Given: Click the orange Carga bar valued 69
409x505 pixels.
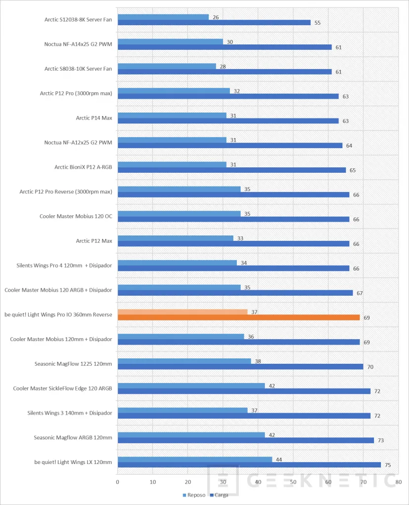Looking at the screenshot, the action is point(238,317).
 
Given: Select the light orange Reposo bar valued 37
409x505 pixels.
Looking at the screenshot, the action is point(183,312).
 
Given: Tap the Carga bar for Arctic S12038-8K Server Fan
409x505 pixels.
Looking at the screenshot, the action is point(214,23).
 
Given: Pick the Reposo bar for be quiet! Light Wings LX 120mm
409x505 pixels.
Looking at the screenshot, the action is point(195,459).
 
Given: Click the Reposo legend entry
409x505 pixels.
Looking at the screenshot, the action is point(194,495).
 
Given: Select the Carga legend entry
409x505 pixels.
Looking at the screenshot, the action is point(219,495).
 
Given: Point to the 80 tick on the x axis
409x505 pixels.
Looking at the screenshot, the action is point(398,482).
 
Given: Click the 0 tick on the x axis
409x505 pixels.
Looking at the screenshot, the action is point(117,482).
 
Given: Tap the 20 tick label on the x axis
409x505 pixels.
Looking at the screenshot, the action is point(187,482).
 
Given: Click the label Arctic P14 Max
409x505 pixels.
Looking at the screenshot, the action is point(94,118).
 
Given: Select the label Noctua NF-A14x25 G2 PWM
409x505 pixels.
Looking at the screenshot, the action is point(78,44).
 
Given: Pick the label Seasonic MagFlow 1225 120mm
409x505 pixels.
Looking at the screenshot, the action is point(74,364).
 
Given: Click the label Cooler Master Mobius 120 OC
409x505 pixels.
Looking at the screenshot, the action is point(76,216).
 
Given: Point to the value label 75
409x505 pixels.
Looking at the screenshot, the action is point(388,465).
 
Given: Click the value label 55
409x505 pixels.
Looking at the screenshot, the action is point(318,23).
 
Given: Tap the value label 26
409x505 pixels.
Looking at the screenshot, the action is point(216,17).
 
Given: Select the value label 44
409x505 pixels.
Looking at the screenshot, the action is point(279,460).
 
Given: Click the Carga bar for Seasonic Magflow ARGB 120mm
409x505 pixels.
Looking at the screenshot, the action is point(246,440).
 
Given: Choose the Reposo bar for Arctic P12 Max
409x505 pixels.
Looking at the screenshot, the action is point(175,238).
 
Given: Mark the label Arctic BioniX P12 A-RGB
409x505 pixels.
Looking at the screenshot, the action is point(83,167).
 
